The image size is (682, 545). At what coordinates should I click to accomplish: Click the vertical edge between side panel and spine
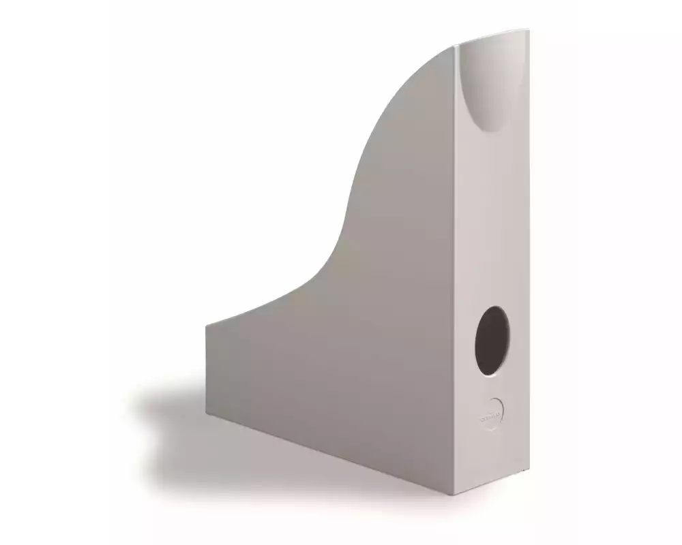[458, 272]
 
